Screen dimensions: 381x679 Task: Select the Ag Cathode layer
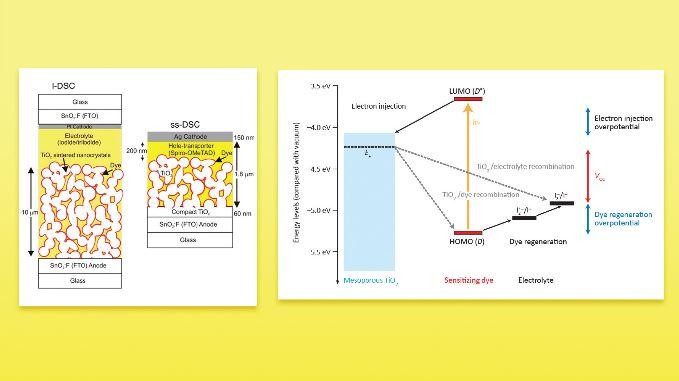pyautogui.click(x=181, y=135)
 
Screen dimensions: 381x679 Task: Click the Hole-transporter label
pyautogui.click(x=181, y=150)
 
